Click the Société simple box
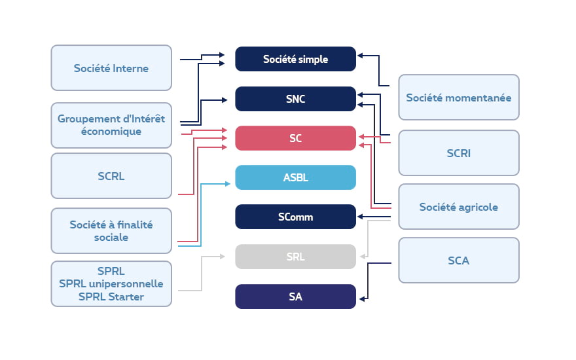click(295, 59)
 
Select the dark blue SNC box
click(295, 99)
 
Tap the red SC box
click(295, 139)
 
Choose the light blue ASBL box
click(295, 177)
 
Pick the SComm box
click(295, 217)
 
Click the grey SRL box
click(295, 257)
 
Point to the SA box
click(295, 297)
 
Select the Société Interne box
click(111, 68)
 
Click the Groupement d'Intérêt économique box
click(111, 125)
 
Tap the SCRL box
click(111, 176)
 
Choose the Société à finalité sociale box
click(111, 230)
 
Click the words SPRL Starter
click(111, 297)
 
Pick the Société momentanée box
click(458, 98)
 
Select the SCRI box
click(458, 153)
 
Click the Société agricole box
click(458, 207)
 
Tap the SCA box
click(458, 261)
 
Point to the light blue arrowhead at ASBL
click(228, 184)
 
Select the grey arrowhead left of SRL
click(228, 257)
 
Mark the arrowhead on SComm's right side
click(359, 217)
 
